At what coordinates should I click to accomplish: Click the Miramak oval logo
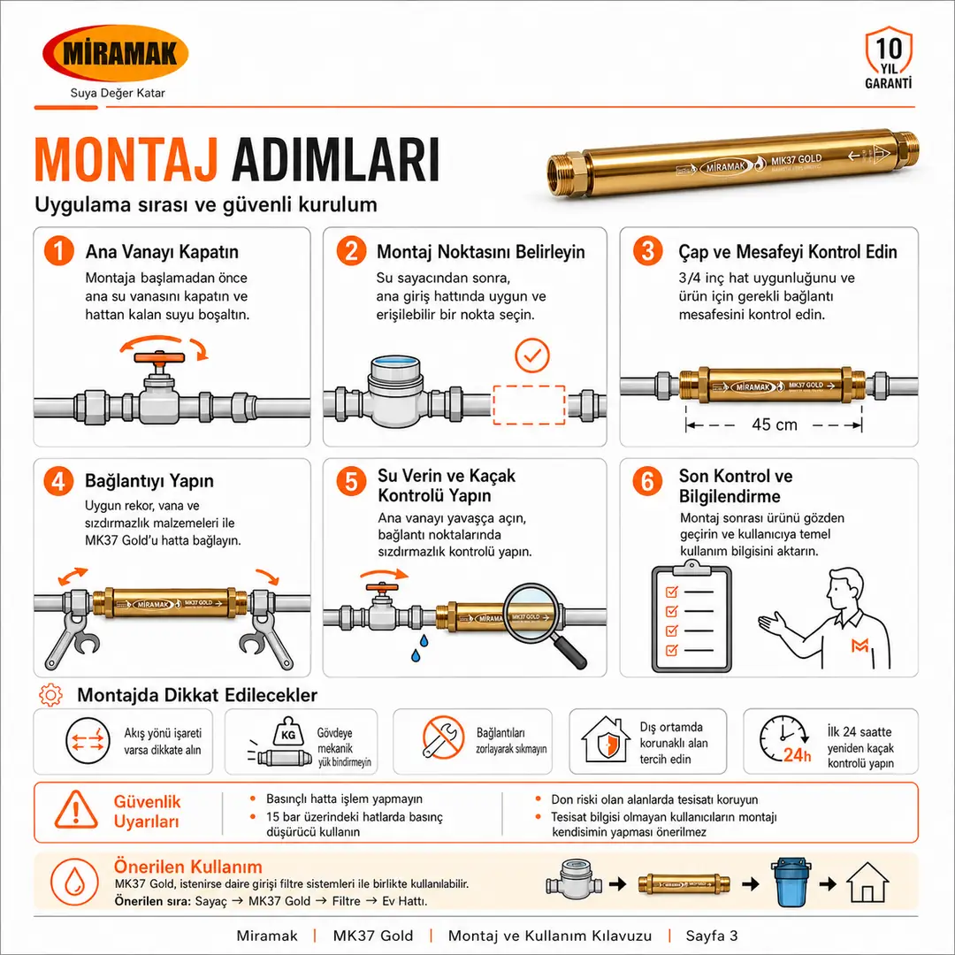tap(116, 53)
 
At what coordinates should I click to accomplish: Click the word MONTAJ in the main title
tap(126, 159)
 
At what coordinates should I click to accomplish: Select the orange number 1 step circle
tap(59, 251)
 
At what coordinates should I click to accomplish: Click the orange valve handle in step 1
tap(159, 358)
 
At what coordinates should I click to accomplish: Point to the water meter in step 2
tap(395, 391)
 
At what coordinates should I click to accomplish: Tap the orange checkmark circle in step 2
tap(532, 355)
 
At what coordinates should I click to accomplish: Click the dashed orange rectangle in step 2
tap(529, 404)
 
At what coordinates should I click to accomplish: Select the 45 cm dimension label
tap(774, 424)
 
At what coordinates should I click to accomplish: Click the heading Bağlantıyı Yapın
tap(149, 480)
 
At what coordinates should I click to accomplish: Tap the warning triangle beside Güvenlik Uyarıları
tap(76, 810)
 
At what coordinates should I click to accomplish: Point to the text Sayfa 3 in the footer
tap(711, 936)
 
